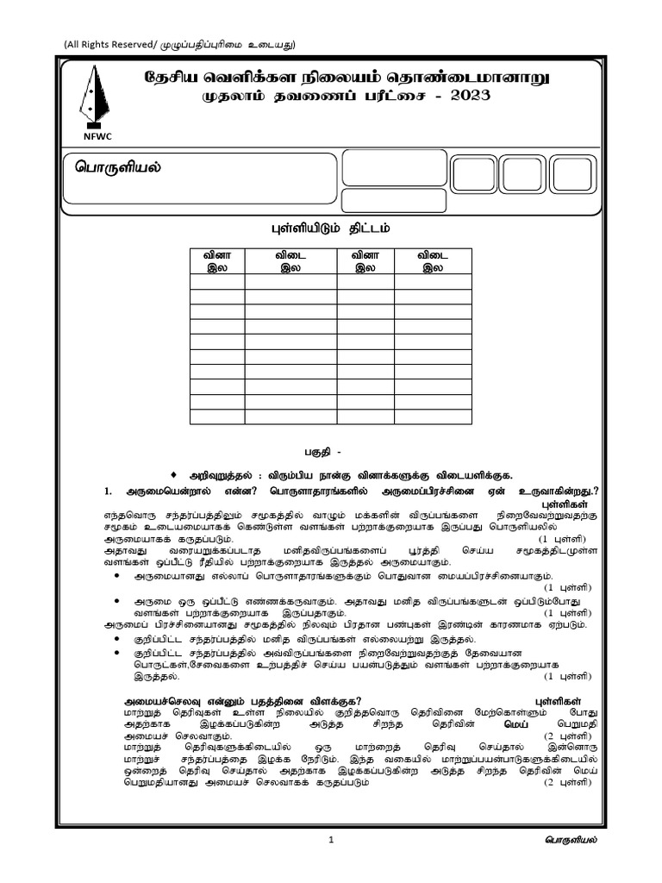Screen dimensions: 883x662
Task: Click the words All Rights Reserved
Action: point(118,45)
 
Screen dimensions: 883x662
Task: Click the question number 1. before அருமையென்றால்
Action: point(109,491)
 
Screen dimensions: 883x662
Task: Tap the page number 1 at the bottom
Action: point(331,840)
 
